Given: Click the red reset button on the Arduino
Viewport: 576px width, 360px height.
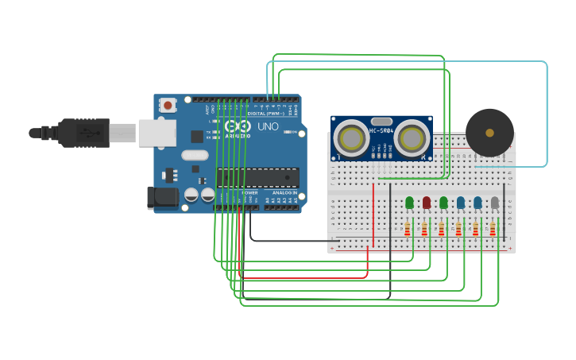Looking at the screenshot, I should pos(168,105).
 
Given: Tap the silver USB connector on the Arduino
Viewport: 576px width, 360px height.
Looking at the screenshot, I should pos(157,133).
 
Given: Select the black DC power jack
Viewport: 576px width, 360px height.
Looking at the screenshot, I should pos(161,197).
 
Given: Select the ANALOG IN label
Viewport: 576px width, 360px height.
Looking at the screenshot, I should pos(283,192).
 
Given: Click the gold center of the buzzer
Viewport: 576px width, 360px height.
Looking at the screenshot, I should pos(489,132).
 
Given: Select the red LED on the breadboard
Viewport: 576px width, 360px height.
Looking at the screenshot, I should pos(427,203).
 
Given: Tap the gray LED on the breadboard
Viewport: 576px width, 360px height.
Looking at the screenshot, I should pos(494,203).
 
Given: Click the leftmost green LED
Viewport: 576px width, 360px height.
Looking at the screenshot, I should pos(409,203).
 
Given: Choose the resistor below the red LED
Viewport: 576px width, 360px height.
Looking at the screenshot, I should pos(425,230).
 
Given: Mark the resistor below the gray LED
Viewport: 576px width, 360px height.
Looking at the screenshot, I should pos(493,230).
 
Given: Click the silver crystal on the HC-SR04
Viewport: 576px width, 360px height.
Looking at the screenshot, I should pos(381,121).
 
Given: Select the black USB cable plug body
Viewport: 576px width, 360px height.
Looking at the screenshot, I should pos(83,133).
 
